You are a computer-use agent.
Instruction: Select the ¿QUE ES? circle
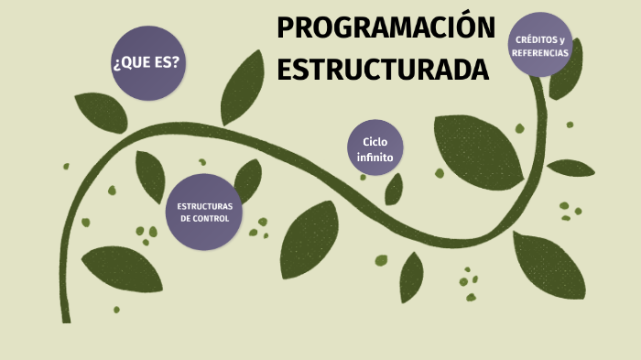pos(146,63)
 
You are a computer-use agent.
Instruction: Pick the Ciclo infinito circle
pos(375,149)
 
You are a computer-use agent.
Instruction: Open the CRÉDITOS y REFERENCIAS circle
pos(540,46)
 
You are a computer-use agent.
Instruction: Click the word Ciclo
pos(375,141)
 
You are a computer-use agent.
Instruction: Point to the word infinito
pos(375,158)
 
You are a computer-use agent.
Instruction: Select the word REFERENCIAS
pos(540,53)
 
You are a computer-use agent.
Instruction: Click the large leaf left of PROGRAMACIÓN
pos(243,87)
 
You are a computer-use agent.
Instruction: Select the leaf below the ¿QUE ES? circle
pos(101,112)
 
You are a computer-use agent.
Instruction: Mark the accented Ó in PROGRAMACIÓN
pos(467,28)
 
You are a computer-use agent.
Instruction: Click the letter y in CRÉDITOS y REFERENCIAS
pos(562,40)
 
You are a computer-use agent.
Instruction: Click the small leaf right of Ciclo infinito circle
pos(395,189)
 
